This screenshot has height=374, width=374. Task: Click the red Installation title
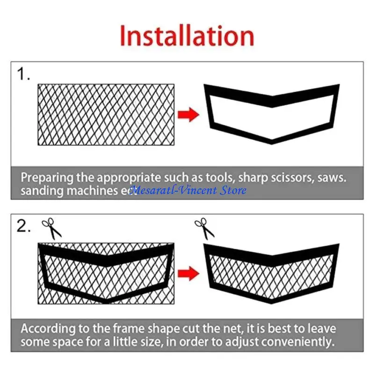coord(187,36)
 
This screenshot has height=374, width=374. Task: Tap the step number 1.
coord(23,74)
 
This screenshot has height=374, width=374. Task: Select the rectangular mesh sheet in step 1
coord(106,115)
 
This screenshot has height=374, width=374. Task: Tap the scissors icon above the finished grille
coord(204,228)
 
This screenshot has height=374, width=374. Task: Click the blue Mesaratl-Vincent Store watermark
coord(187,190)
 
